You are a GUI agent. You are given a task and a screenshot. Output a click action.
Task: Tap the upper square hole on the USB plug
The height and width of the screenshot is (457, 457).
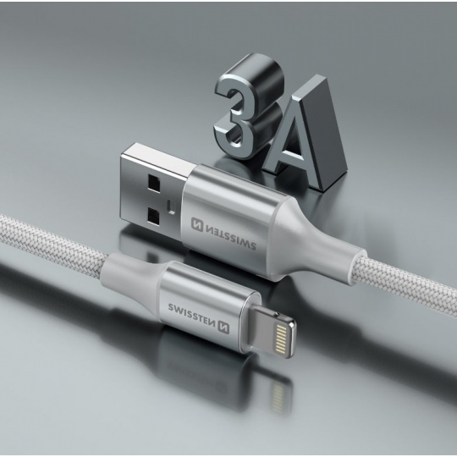[x=154, y=184]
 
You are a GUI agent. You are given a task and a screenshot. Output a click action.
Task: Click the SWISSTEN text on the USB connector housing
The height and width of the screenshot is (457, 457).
[x=231, y=237]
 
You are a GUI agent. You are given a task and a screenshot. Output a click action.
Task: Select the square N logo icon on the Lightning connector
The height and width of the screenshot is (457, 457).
[x=223, y=328]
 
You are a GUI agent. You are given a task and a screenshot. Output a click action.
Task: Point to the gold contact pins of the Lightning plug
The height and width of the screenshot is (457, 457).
[x=280, y=339]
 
